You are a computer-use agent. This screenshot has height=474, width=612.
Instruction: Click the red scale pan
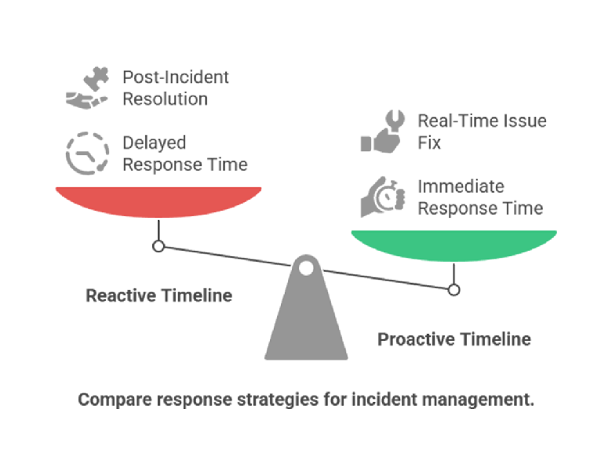(158, 201)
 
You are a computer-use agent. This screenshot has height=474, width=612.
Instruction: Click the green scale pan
(454, 245)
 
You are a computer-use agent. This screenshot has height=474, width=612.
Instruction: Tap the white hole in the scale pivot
(306, 268)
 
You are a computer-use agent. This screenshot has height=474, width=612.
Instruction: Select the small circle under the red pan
(158, 246)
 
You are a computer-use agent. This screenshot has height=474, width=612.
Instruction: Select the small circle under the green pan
(454, 290)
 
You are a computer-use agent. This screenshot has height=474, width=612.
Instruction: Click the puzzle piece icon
(96, 79)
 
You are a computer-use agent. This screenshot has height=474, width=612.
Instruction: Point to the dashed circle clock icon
(87, 154)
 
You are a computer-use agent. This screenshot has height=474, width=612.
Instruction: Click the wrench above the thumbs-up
(395, 120)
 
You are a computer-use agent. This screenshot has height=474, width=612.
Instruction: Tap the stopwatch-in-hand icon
(383, 197)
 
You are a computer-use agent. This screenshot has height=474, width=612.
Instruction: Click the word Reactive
(121, 295)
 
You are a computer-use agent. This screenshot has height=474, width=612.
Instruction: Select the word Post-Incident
(176, 78)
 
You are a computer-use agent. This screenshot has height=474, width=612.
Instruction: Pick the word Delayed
(154, 143)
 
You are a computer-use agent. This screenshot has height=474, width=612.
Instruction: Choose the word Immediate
(461, 186)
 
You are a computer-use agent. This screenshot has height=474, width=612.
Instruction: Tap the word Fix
(429, 143)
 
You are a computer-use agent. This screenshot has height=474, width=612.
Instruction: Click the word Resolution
(165, 99)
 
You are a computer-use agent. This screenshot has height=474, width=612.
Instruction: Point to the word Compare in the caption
(115, 400)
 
